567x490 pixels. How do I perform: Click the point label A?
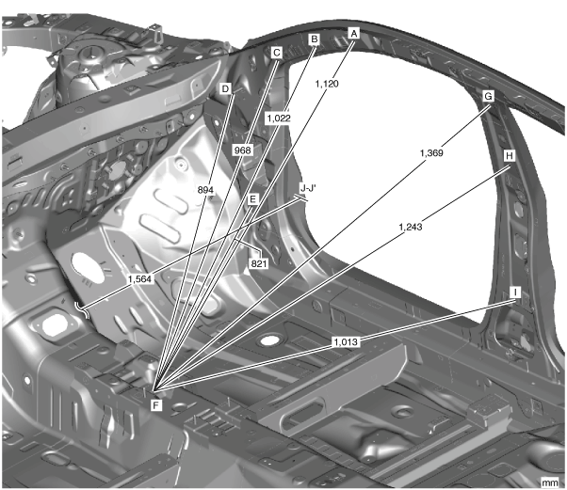pos(354,32)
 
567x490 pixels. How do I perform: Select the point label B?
pos(315,40)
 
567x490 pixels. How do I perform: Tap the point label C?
pos(277,54)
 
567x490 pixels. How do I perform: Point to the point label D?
pos(225,88)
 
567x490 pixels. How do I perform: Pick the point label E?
pos(252,199)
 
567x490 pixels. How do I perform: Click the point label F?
pos(156,404)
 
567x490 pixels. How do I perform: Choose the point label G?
pos(488,96)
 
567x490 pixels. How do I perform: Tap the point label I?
pos(515,292)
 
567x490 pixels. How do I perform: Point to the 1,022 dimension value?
pos(279,119)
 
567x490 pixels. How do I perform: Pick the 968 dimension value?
pos(243,150)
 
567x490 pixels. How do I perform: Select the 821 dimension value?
pos(260,263)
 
